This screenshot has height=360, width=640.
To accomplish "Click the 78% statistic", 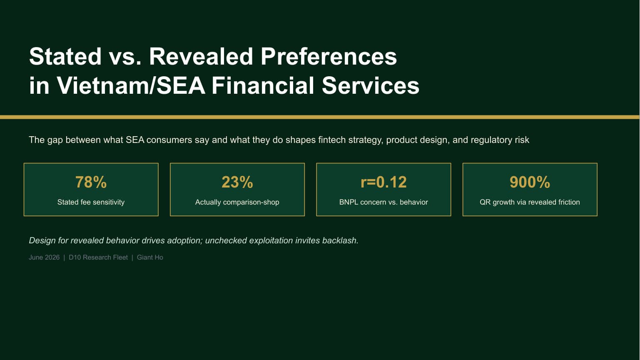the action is click(x=91, y=182).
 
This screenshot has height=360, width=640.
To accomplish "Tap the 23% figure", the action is click(x=237, y=182).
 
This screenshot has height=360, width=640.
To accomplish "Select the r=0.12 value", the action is click(x=384, y=182).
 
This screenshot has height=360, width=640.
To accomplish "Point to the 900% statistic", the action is click(x=530, y=182).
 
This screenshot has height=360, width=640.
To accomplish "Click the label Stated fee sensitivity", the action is click(x=91, y=202).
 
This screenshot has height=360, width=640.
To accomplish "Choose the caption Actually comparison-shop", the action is click(x=237, y=202).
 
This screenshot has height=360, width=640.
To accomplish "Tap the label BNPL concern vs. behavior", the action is click(x=384, y=202).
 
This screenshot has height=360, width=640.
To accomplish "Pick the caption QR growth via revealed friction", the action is click(x=530, y=202).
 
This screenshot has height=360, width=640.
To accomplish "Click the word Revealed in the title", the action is click(x=201, y=56).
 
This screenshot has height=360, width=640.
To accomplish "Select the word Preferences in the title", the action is click(x=329, y=56).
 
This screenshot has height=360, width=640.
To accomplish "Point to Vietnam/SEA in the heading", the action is click(x=131, y=85).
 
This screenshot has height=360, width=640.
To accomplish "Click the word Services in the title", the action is click(x=371, y=85).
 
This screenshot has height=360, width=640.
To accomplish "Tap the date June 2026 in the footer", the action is click(x=44, y=257).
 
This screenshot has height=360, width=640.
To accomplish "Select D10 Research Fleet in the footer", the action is click(x=98, y=257).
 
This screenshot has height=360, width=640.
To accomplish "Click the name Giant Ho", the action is click(x=150, y=257).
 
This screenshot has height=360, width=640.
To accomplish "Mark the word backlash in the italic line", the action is click(x=340, y=240).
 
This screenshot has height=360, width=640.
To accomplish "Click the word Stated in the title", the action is click(x=65, y=56).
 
